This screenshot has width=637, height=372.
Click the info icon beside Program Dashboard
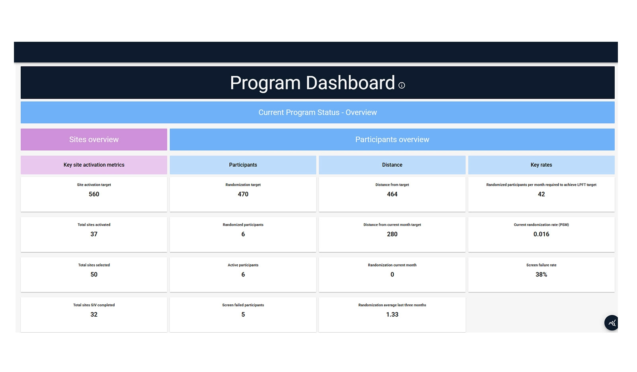[402, 85]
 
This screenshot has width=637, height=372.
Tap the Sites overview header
[94, 140]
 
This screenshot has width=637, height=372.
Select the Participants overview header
[392, 140]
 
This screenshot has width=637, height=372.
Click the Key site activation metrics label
[94, 165]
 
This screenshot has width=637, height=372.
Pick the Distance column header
[392, 165]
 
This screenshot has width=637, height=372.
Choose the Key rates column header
[541, 165]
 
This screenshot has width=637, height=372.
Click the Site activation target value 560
[94, 194]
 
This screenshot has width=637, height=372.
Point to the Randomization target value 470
[243, 194]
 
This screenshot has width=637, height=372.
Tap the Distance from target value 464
[392, 194]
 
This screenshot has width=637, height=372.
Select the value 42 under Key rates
[541, 194]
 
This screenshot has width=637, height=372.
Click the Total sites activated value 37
[94, 234]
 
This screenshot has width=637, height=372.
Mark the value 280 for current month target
[392, 234]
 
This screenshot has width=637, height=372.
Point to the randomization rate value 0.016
[541, 234]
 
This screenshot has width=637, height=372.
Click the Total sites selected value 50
[94, 275]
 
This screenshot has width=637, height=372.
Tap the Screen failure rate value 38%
[541, 275]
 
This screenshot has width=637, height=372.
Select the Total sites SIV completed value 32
[94, 315]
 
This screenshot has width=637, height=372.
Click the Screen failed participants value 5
[243, 315]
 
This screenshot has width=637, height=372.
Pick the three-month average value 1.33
[392, 315]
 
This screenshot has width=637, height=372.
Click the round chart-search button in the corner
[612, 323]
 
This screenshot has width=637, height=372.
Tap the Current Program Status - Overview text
[318, 113]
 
